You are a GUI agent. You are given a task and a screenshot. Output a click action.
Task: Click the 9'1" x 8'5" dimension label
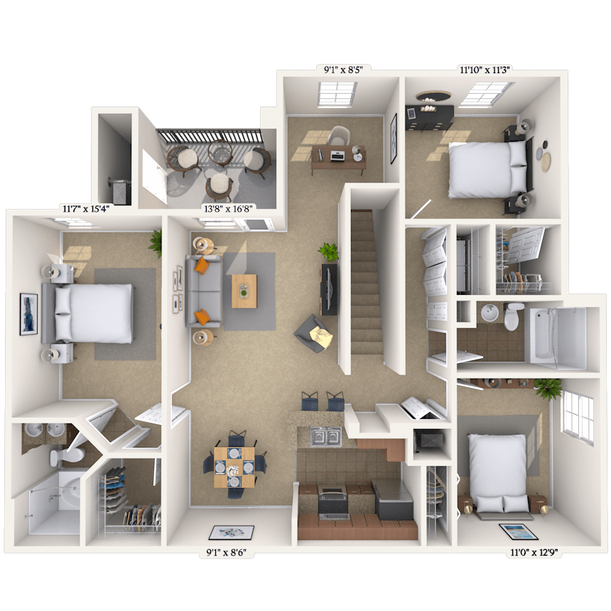click(x=343, y=70)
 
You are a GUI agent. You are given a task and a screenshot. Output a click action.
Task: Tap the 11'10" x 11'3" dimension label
click(x=485, y=70)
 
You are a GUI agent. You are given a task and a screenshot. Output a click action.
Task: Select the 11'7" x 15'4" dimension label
click(x=86, y=209)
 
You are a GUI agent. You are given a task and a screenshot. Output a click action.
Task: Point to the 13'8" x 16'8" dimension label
click(x=227, y=209)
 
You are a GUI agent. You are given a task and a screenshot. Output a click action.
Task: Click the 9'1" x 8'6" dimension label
click(x=226, y=553)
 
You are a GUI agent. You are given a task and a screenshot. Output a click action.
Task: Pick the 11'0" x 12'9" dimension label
click(x=534, y=553)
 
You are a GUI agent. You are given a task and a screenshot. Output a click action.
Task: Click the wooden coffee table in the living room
click(x=244, y=291)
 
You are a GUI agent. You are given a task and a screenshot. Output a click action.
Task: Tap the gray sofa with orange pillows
click(x=204, y=291)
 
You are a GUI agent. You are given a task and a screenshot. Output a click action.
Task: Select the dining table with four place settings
click(x=234, y=467)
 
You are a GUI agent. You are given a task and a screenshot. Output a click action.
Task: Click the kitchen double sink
click(x=326, y=436)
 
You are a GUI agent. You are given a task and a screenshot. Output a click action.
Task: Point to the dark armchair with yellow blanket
click(x=314, y=333)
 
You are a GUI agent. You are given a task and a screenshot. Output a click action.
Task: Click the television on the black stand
click(x=330, y=288)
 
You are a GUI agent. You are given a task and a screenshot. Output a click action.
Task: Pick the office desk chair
click(x=339, y=136)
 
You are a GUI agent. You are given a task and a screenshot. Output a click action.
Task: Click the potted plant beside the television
click(x=328, y=252)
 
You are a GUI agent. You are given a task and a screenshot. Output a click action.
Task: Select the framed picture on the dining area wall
click(x=231, y=533)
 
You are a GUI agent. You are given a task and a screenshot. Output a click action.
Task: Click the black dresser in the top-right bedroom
click(x=429, y=117)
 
